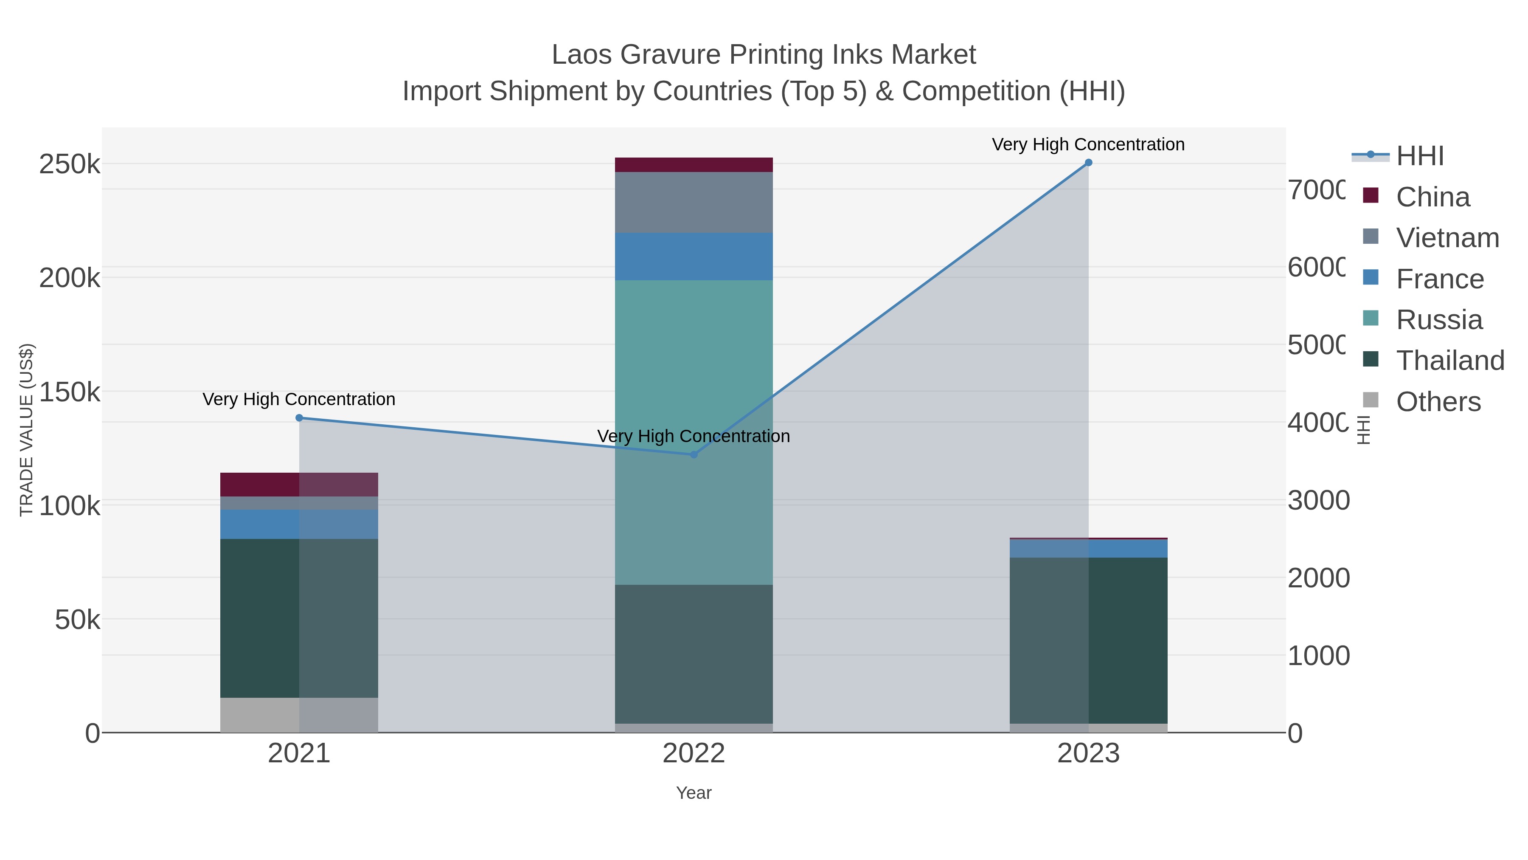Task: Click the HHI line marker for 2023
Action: pyautogui.click(x=1088, y=163)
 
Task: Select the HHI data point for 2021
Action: pyautogui.click(x=299, y=418)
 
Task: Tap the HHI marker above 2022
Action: pyautogui.click(x=694, y=454)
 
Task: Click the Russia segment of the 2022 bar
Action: pyautogui.click(x=694, y=432)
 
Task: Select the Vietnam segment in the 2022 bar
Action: pyautogui.click(x=694, y=203)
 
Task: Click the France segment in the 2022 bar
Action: pyautogui.click(x=694, y=257)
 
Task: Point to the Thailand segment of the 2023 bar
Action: pyautogui.click(x=1088, y=640)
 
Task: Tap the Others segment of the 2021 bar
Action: pyautogui.click(x=299, y=715)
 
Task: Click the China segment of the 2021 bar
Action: pyautogui.click(x=299, y=484)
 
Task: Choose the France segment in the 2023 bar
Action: pyautogui.click(x=1088, y=548)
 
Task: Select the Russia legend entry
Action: pyautogui.click(x=1439, y=320)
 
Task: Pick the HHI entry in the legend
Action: pyautogui.click(x=1419, y=156)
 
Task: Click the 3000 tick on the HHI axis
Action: pyautogui.click(x=1318, y=500)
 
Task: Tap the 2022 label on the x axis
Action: pyautogui.click(x=694, y=754)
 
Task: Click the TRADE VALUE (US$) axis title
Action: pyautogui.click(x=27, y=430)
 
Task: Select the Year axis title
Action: pyautogui.click(x=694, y=793)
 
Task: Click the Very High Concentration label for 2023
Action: pyautogui.click(x=1088, y=144)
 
